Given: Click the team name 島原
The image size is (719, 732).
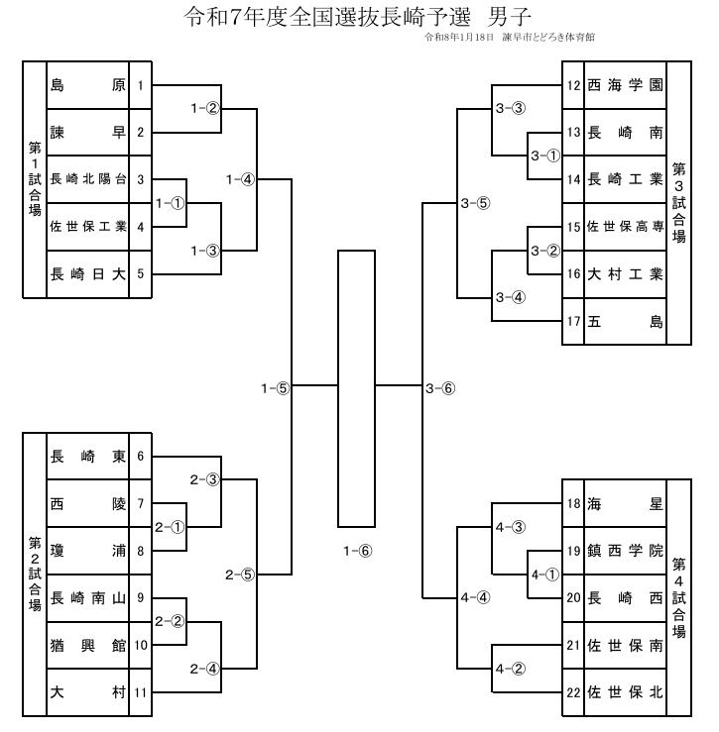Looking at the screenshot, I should pyautogui.click(x=87, y=85).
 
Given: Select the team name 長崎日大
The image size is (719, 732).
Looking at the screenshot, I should pyautogui.click(x=87, y=274).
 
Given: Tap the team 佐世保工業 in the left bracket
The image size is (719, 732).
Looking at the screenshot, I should pyautogui.click(x=87, y=227).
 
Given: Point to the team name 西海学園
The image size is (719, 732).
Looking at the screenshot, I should pyautogui.click(x=625, y=85).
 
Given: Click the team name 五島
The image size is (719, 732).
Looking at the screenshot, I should pyautogui.click(x=625, y=321).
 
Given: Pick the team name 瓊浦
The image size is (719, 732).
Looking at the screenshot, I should pyautogui.click(x=87, y=551).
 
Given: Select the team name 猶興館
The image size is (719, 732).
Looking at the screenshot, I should pyautogui.click(x=87, y=645).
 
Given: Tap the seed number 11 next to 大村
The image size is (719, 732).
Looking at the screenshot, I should pyautogui.click(x=142, y=692).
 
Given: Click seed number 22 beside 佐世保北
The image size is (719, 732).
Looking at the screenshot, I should pyautogui.click(x=573, y=691).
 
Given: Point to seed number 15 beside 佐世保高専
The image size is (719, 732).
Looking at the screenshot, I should pyautogui.click(x=573, y=227).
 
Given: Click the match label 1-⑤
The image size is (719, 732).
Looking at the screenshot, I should pyautogui.click(x=275, y=389).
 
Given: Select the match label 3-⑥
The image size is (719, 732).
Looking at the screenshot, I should pyautogui.click(x=440, y=389).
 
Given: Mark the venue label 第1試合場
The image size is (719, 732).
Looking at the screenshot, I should pyautogui.click(x=34, y=178).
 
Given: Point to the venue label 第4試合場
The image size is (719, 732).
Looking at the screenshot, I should pyautogui.click(x=678, y=597).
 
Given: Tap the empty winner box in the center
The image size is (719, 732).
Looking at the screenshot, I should pyautogui.click(x=356, y=388).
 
